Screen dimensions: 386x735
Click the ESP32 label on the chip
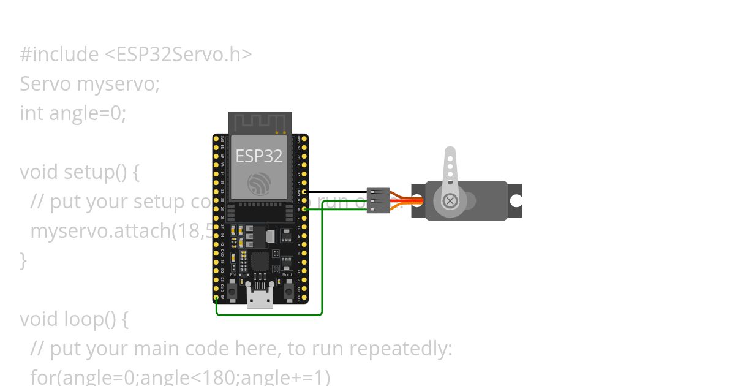point(259,156)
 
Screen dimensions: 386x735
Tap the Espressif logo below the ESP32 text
point(259,184)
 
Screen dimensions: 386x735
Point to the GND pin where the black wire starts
point(304,192)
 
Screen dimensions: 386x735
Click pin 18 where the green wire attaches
point(304,209)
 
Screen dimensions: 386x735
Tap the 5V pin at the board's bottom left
point(216,298)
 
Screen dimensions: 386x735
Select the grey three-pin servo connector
point(378,200)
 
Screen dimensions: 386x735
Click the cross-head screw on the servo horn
point(450,200)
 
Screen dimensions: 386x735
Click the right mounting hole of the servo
point(516,200)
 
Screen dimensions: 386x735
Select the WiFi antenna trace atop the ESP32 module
point(260,123)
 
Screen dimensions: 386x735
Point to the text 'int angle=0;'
point(73,113)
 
